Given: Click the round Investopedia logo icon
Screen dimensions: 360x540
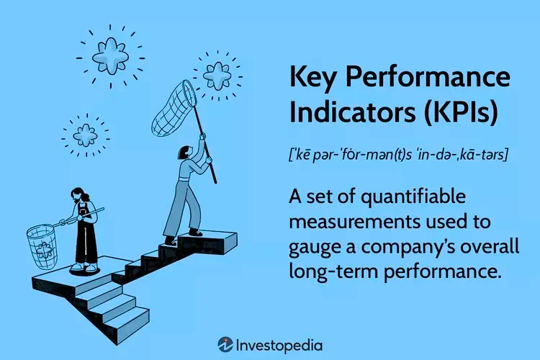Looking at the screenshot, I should click(225, 344).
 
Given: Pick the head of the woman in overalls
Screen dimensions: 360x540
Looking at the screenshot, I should click(78, 196).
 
